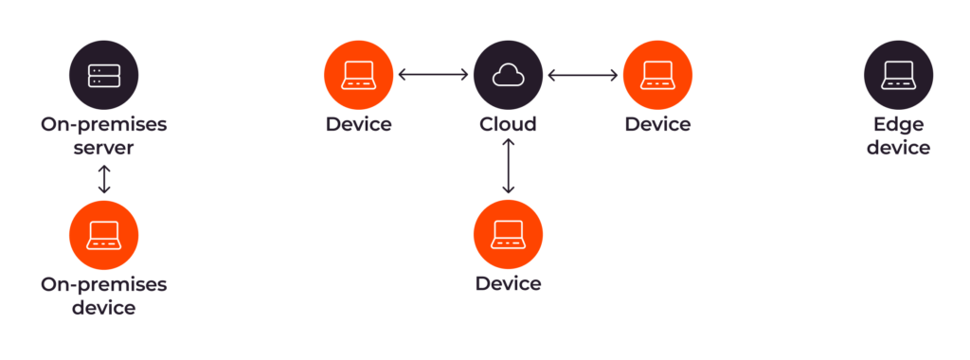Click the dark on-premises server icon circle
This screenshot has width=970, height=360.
point(104,77)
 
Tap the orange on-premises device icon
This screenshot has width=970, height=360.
point(104,236)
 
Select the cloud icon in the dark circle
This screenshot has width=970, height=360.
point(508,75)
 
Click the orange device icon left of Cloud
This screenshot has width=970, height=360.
point(358,75)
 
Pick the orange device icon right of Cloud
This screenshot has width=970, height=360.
point(657,75)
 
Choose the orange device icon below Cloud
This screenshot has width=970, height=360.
point(508,235)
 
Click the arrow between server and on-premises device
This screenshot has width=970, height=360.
point(104,179)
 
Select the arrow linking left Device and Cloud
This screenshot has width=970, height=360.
point(433,75)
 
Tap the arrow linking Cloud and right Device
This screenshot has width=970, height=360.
point(583,75)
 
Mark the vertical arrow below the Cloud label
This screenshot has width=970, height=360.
point(509,166)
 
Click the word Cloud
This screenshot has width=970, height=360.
point(508,124)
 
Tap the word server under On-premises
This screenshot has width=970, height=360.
point(104,148)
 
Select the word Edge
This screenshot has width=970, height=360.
point(898,124)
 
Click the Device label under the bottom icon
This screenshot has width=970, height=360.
point(508,283)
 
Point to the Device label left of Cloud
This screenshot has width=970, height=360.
point(358,124)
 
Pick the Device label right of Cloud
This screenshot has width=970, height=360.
point(657,124)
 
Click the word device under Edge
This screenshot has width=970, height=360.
point(898,148)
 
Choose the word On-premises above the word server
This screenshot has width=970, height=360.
point(104,124)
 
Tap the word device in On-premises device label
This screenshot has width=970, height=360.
point(104,307)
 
